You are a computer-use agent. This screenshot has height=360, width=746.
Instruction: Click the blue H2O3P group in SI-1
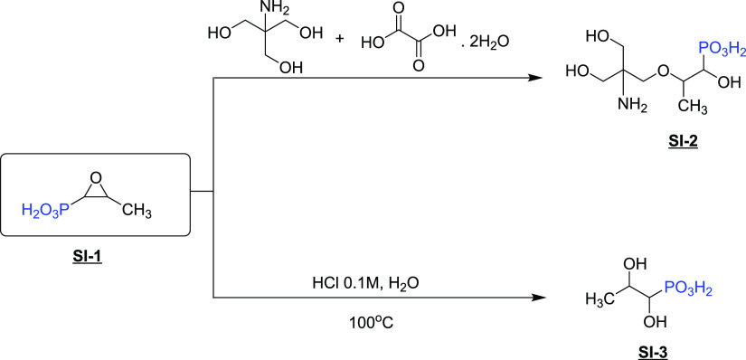tap(45, 212)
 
